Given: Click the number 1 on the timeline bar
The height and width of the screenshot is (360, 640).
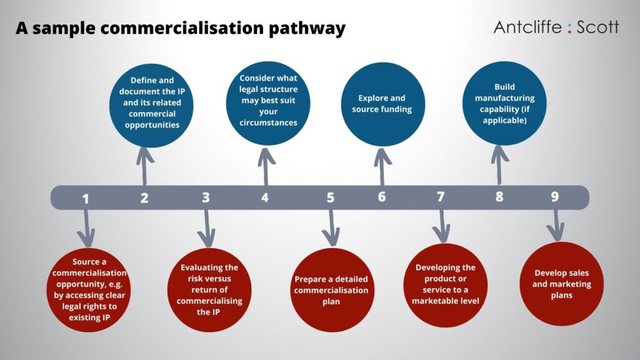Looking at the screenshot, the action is point(85,199).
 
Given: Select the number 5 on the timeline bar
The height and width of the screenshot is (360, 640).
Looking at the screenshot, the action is point(330,198).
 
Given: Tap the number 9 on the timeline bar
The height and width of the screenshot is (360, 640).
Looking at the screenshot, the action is point(555,197).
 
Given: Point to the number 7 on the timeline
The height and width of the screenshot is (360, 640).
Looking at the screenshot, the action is point(441,197).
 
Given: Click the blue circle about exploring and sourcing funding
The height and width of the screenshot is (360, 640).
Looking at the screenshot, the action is point(383,104).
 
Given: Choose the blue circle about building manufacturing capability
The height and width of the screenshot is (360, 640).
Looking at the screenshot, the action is point(504,103).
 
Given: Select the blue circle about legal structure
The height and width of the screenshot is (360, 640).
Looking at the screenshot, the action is point(268,103).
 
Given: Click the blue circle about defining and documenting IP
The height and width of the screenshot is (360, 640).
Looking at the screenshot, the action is point(151,105).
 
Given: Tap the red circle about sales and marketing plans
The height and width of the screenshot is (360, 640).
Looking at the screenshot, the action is point(562,284).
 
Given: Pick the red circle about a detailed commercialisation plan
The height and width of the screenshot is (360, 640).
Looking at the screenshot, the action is point(332,290).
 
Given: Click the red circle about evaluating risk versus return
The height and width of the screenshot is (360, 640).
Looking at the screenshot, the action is point(209,290).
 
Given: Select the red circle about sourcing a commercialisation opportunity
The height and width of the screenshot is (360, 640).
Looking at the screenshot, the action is point(89,290).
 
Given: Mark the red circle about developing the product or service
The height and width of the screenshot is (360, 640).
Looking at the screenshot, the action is point(445,285).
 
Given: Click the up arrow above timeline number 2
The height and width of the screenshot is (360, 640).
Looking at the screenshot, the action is point(144,166).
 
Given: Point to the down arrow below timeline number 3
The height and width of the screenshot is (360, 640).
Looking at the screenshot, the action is point(206,229).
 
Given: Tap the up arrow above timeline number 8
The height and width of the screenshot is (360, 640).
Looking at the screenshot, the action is point(499,165).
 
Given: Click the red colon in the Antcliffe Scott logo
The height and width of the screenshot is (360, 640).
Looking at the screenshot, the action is point(569,27).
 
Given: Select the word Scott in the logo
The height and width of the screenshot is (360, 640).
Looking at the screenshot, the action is point(597,27).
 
